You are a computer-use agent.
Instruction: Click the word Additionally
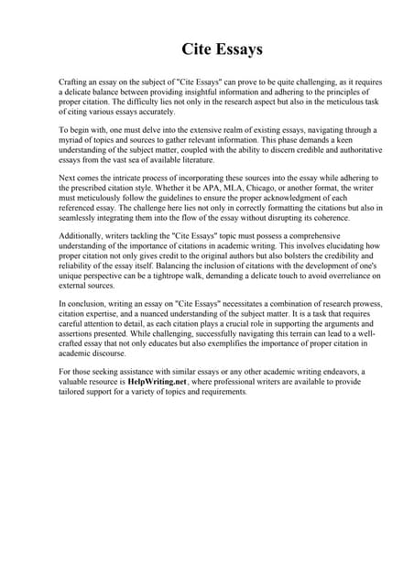pyautogui.click(x=81, y=244)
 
